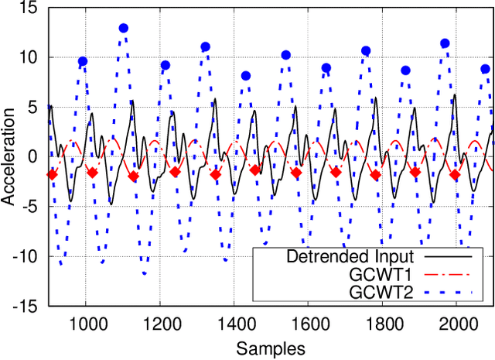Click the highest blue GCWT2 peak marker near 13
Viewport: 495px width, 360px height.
click(x=124, y=29)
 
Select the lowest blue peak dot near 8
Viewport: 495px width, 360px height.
click(x=246, y=76)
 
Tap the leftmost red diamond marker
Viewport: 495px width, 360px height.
click(x=53, y=174)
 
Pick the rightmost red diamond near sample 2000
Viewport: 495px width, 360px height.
click(x=455, y=175)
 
